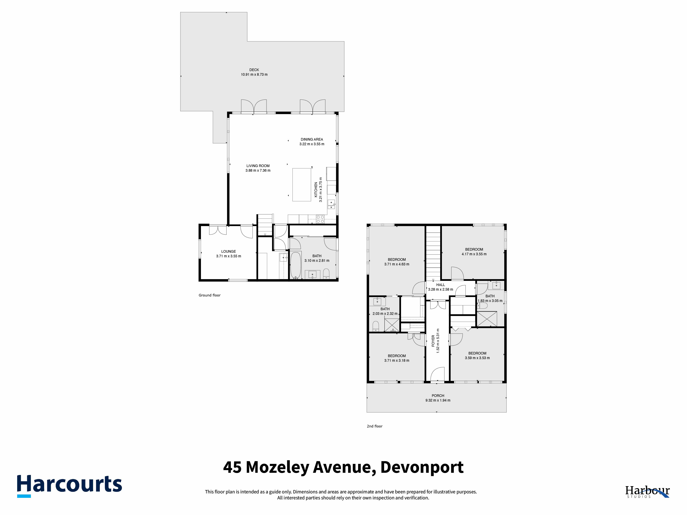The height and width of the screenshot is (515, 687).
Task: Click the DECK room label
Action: click(254, 70)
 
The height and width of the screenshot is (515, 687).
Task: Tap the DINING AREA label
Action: click(312, 139)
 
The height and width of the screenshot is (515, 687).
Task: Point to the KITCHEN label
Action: click(316, 190)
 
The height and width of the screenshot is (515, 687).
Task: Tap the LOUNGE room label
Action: click(229, 251)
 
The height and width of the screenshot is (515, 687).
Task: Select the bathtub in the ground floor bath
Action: click(295, 265)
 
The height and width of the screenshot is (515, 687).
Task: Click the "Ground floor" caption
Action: click(210, 295)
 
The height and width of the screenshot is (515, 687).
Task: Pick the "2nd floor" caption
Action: click(375, 426)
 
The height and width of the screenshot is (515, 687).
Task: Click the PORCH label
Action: click(438, 396)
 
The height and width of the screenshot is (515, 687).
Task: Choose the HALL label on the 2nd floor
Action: click(440, 285)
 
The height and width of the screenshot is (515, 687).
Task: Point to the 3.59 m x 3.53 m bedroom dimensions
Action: click(477, 358)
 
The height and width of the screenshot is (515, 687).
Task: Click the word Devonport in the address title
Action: click(422, 467)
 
